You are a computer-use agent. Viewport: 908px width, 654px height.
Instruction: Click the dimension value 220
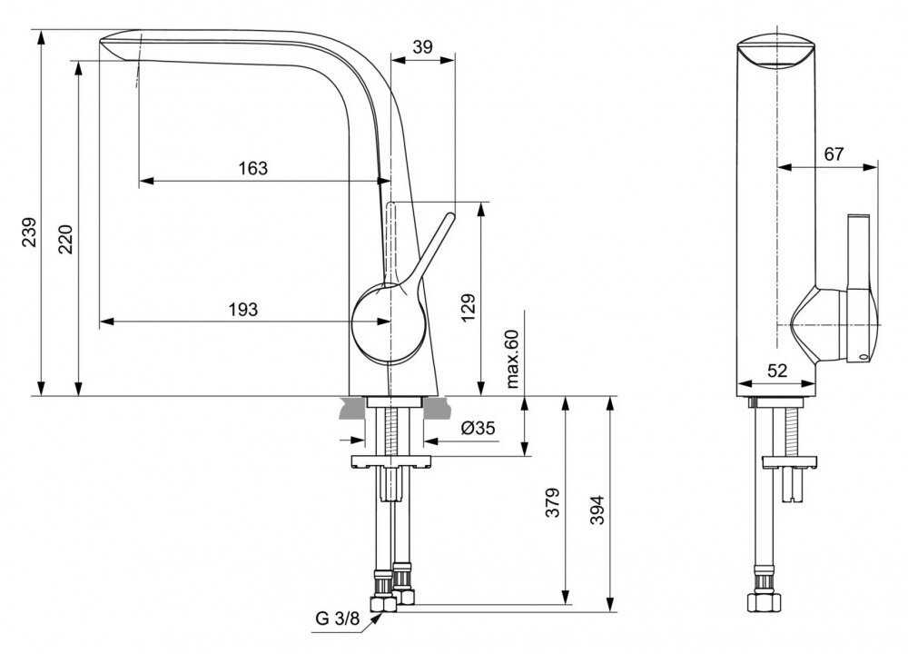coord(66,239)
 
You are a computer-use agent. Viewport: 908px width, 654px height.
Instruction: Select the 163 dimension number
coord(253,168)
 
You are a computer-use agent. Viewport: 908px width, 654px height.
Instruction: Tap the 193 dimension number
coord(243,310)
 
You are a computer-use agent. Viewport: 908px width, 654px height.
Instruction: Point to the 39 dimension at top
coord(423,47)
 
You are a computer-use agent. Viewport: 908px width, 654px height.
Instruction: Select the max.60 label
coord(513,358)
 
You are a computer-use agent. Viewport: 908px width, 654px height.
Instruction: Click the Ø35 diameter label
coord(479,428)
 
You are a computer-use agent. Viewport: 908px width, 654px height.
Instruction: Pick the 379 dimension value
coord(553,502)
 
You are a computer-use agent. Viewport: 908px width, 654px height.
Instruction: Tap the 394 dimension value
coord(597,510)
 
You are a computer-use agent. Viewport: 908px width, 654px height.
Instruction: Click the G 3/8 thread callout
coord(338,618)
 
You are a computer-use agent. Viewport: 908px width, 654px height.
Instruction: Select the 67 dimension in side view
coord(834,154)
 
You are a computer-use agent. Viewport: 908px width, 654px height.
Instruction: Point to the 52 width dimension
coord(777,371)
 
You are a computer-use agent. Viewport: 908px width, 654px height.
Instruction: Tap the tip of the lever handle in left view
coord(450,216)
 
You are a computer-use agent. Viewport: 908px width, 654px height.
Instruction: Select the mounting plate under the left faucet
coord(390,461)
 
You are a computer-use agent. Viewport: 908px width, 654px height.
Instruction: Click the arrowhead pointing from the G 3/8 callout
coord(378,617)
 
